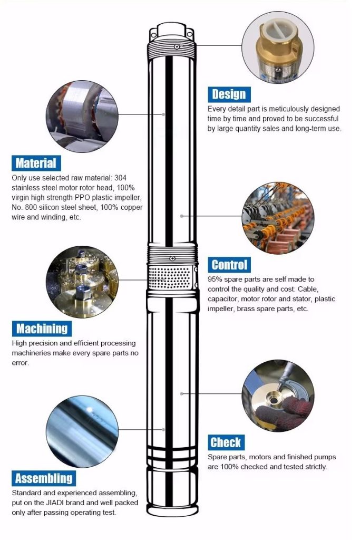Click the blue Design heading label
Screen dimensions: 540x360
(x=229, y=94)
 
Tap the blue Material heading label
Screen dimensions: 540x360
(x=35, y=163)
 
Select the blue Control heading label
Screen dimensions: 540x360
(x=229, y=265)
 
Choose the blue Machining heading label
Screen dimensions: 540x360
(x=42, y=329)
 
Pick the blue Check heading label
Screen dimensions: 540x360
(x=226, y=442)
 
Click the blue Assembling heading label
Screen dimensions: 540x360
(x=44, y=479)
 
